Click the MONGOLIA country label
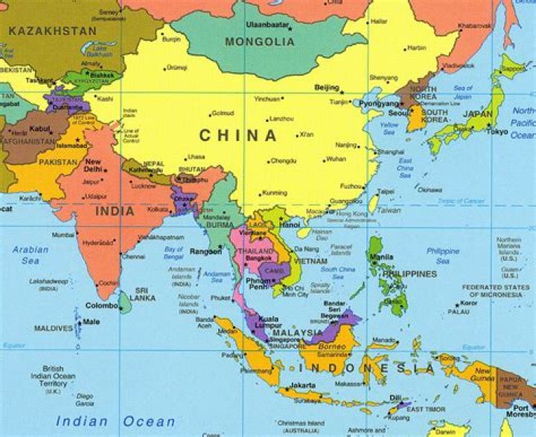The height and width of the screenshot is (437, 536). coord(260,42)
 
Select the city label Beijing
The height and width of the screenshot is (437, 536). coord(326,88)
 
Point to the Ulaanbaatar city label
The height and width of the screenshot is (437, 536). coord(266,25)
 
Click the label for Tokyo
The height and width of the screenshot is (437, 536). coord(497,132)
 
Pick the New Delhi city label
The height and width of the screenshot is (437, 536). coord(93,165)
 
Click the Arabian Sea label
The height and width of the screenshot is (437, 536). coord(30,255)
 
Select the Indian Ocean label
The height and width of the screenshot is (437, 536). coord(115,421)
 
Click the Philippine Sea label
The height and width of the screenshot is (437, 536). coord(443,256)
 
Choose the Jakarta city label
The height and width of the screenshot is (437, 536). coord(302,385)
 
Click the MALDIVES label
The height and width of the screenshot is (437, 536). coord(54,328)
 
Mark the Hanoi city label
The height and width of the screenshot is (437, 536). coord(290,224)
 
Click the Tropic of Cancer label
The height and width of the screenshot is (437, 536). coord(462,201)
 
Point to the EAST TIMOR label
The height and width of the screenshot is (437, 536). coord(425,409)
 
